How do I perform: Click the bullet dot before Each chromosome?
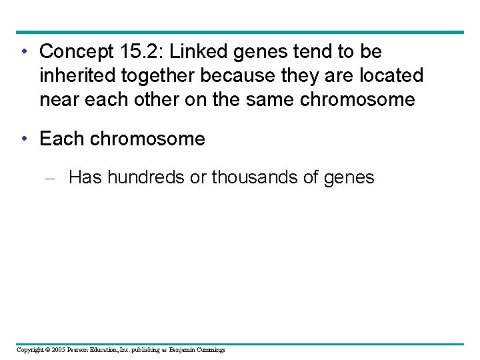(24, 139)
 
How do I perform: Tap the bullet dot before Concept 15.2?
(24, 51)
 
